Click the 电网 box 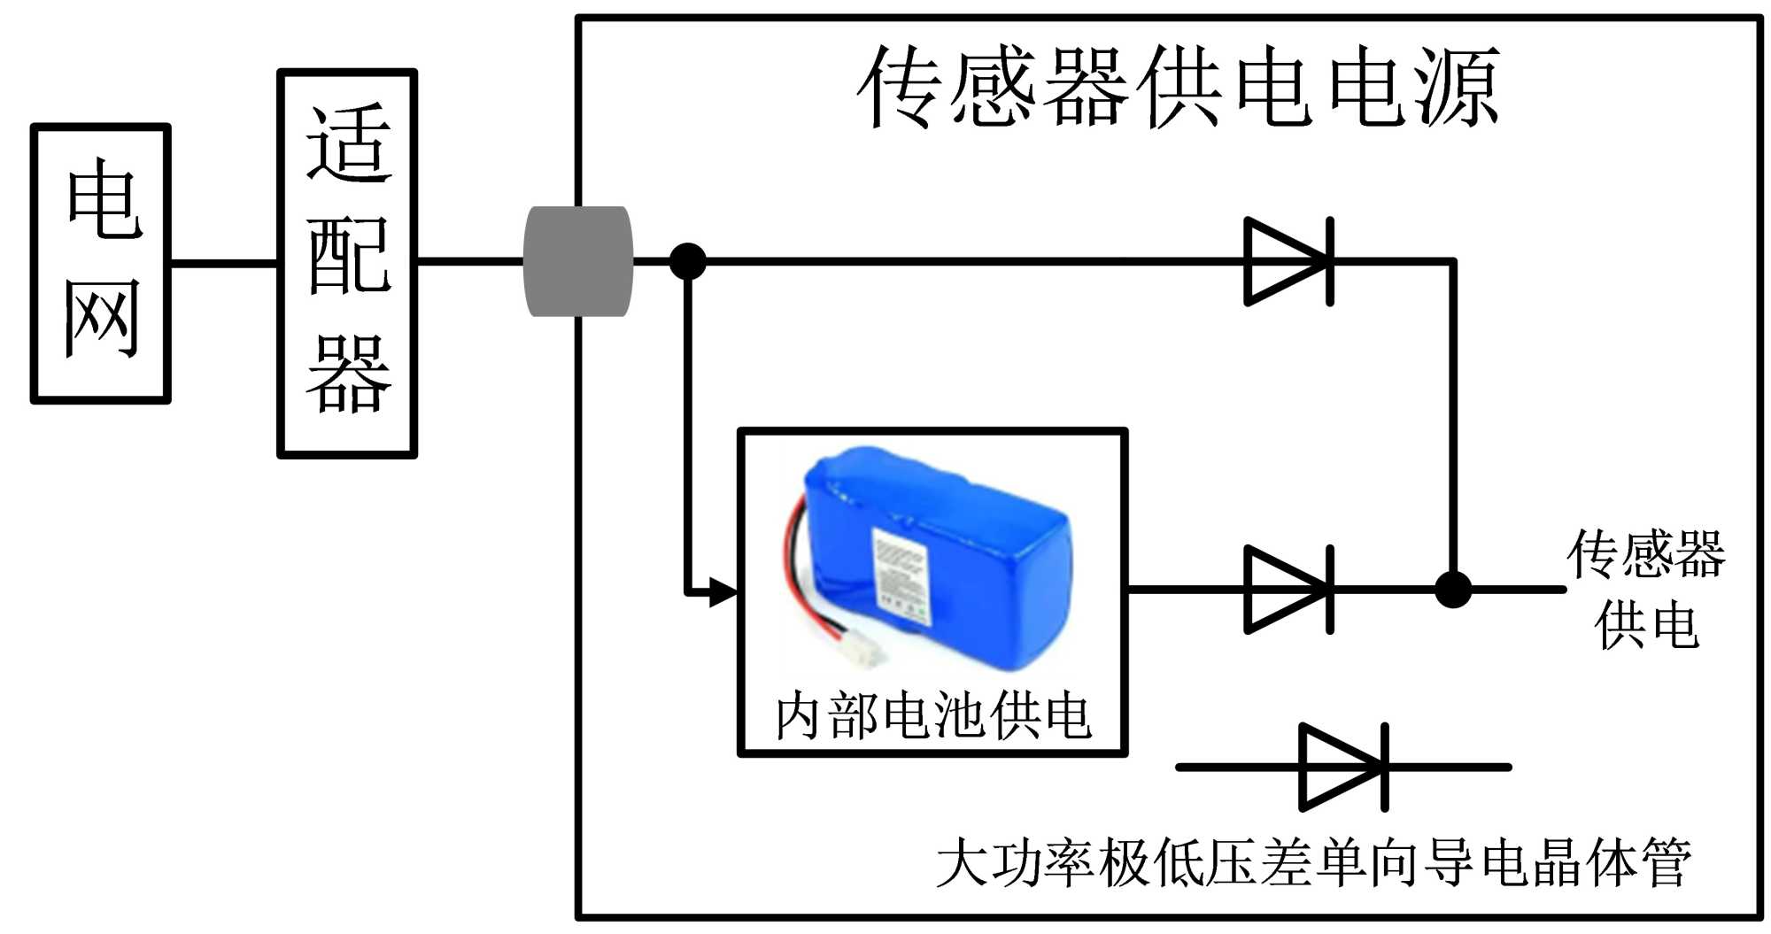click(x=100, y=263)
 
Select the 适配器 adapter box click(x=347, y=263)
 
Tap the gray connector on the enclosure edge click(x=578, y=261)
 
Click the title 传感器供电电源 click(x=1178, y=88)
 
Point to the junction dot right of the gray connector click(x=687, y=261)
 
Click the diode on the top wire click(x=1288, y=261)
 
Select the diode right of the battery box click(x=1288, y=589)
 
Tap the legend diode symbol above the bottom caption click(x=1342, y=767)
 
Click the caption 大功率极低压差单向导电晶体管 click(x=1313, y=862)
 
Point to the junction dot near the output click(x=1452, y=589)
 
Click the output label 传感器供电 click(x=1645, y=589)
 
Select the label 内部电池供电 click(x=932, y=715)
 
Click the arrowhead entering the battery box click(x=724, y=591)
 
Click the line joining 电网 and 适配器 click(x=224, y=263)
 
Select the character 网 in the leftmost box click(x=102, y=319)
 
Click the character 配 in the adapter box click(x=348, y=257)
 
